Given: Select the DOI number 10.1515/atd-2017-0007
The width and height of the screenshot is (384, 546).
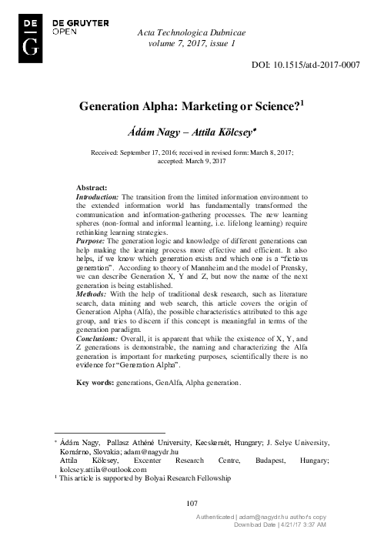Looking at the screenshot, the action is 318,66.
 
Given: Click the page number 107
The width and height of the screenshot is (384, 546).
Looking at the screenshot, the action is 192,503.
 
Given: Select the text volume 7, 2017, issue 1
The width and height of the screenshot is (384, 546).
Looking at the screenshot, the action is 195,45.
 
